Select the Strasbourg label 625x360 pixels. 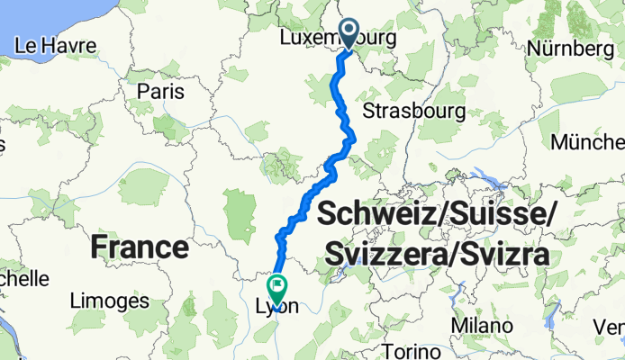tap(413, 111)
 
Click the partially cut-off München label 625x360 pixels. tap(590, 142)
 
